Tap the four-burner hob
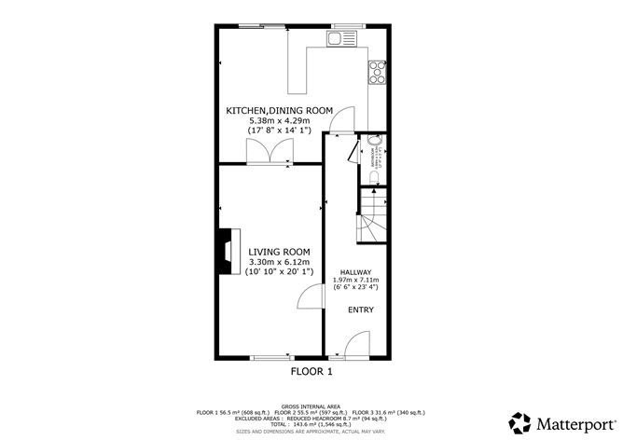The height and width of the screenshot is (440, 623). [x=378, y=70]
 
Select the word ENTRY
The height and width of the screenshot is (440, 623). [x=360, y=309]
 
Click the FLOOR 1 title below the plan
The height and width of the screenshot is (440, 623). [x=311, y=371]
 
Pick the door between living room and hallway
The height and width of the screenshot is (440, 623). [x=309, y=299]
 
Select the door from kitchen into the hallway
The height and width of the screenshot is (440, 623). [x=342, y=119]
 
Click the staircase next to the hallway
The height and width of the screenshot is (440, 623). [x=373, y=216]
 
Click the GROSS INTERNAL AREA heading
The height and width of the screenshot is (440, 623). [x=311, y=406]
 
